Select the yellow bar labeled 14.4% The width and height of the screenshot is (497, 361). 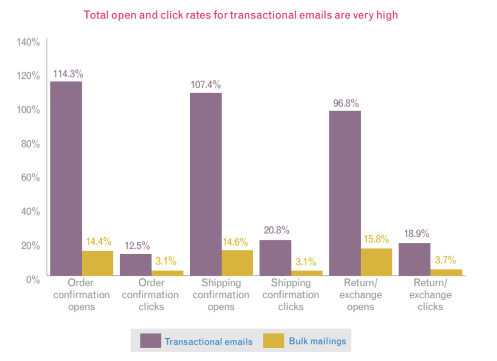(x=98, y=263)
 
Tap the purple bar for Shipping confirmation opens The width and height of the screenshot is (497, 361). (x=205, y=184)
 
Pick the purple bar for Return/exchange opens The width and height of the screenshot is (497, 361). (x=345, y=193)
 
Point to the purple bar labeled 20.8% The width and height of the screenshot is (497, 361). (x=275, y=258)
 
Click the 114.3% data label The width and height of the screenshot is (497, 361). (x=68, y=74)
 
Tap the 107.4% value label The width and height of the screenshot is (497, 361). (x=205, y=85)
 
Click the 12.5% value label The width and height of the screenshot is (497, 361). (x=137, y=246)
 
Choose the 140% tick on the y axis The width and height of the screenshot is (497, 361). (x=28, y=42)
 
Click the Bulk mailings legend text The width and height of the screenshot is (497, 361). (x=317, y=341)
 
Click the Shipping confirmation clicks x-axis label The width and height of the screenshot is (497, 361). (x=291, y=295)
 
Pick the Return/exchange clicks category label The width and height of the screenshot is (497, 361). (x=430, y=295)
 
